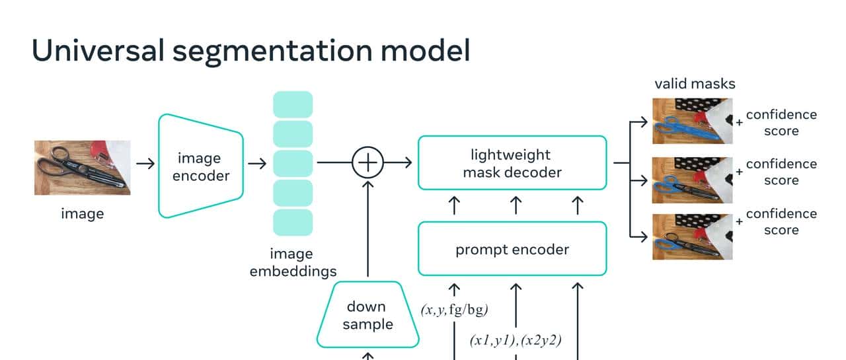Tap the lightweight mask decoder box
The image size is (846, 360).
coord(512,163)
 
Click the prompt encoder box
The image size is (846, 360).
coord(512,249)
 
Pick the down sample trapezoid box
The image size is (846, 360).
coord(367,315)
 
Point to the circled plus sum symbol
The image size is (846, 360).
coord(367,161)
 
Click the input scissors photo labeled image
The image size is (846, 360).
coord(82,167)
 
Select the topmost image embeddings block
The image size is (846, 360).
coord(293,104)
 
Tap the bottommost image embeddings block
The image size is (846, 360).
coord(293,222)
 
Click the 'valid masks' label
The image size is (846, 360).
coord(695,84)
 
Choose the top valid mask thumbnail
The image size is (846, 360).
coord(695,121)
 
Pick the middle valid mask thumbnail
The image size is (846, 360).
coord(695,180)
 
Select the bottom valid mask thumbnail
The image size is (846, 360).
coord(695,236)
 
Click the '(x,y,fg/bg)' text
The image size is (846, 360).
coord(454,310)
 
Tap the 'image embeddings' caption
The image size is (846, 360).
coord(293,262)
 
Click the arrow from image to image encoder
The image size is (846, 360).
coord(145,162)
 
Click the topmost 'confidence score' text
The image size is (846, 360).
coord(781,122)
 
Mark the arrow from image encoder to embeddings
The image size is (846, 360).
coord(257,162)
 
